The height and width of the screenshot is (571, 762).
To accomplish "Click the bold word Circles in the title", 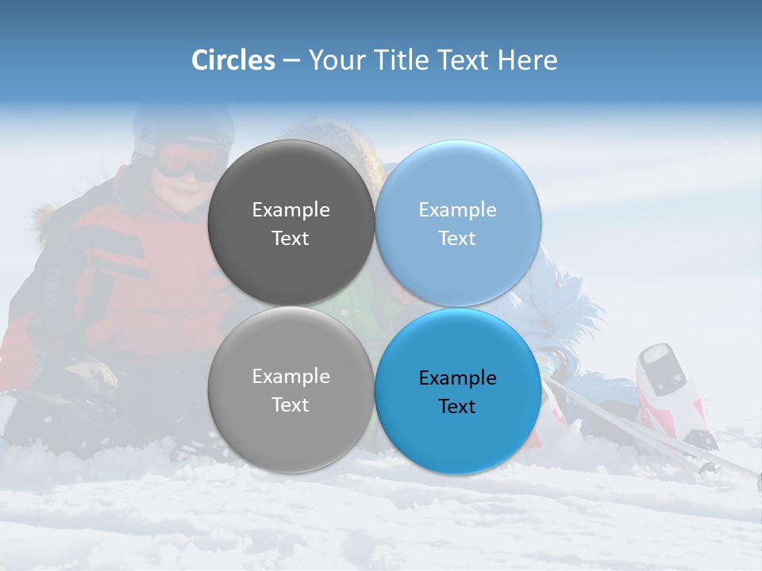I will [233, 60].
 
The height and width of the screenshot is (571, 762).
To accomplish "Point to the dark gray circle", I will [291, 182].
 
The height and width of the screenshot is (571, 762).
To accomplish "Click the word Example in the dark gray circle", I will [291, 210].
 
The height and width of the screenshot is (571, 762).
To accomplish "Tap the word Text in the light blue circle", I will [457, 239].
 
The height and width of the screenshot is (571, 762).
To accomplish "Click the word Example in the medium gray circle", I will [291, 377].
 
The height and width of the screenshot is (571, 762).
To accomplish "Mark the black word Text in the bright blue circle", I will [457, 407].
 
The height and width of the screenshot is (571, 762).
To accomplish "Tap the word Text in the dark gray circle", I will [291, 239].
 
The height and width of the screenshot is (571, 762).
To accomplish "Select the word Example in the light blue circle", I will [457, 210].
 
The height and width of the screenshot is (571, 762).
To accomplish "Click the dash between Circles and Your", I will [291, 60].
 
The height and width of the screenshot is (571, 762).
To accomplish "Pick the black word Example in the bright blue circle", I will [457, 378].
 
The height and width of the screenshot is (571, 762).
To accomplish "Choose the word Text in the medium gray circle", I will [291, 405].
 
